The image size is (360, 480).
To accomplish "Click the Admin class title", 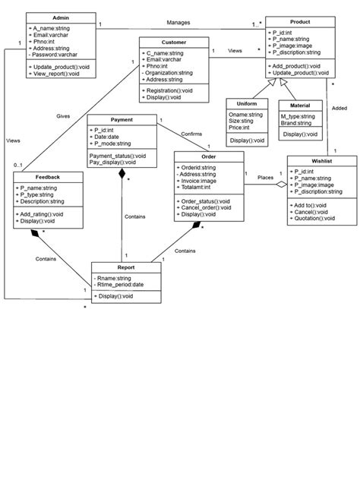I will pyautogui.click(x=61, y=17).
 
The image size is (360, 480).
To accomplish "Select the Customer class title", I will pyautogui.click(x=174, y=42).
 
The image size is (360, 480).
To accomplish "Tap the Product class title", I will pyautogui.click(x=299, y=21).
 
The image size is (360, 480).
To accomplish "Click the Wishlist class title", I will pyautogui.click(x=322, y=161).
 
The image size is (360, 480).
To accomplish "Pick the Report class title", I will pyautogui.click(x=126, y=267).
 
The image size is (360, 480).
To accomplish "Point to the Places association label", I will pyautogui.click(x=265, y=177).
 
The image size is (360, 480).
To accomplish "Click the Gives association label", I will pyautogui.click(x=63, y=116).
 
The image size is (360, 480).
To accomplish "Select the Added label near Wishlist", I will pyautogui.click(x=340, y=109).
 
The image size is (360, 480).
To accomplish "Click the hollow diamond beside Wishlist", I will pyautogui.click(x=281, y=184).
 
